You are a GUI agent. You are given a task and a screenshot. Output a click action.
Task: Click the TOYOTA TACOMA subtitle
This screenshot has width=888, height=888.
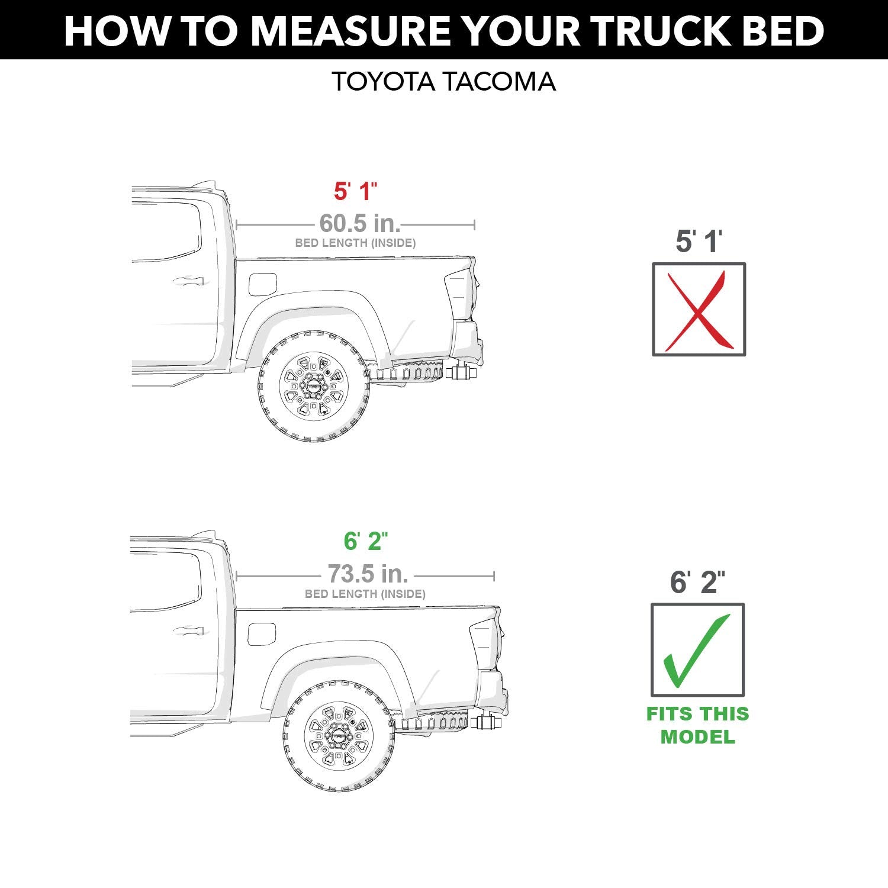click(443, 82)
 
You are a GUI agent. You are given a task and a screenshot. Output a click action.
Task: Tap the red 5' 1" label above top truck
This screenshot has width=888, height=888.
click(355, 191)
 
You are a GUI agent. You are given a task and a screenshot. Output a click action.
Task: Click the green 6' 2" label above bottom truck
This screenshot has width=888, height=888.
click(365, 541)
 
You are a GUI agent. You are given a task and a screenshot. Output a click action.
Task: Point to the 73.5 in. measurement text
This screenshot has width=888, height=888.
click(368, 574)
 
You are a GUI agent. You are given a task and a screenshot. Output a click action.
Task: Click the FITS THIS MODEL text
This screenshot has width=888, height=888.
click(697, 725)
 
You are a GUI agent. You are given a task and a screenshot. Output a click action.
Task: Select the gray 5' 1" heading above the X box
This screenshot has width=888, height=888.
click(699, 242)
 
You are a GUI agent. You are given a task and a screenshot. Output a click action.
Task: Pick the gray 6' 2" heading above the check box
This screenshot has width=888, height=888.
click(697, 583)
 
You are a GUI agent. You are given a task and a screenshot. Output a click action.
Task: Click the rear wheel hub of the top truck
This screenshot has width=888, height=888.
click(314, 386)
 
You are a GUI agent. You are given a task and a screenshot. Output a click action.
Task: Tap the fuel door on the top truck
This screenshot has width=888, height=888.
click(262, 284)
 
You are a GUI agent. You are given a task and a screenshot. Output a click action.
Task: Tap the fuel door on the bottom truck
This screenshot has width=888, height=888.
click(262, 634)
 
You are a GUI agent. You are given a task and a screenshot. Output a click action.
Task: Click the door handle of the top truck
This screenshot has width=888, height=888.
click(188, 282)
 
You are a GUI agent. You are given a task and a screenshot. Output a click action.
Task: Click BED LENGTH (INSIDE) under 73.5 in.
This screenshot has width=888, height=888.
click(365, 594)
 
